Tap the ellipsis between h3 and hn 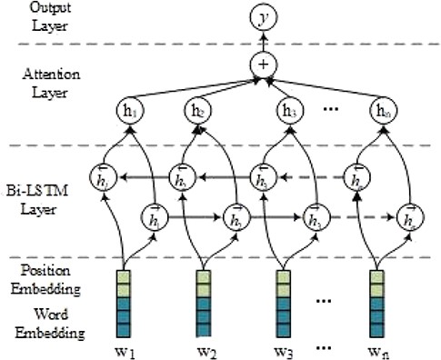pyautogui.click(x=331, y=107)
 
